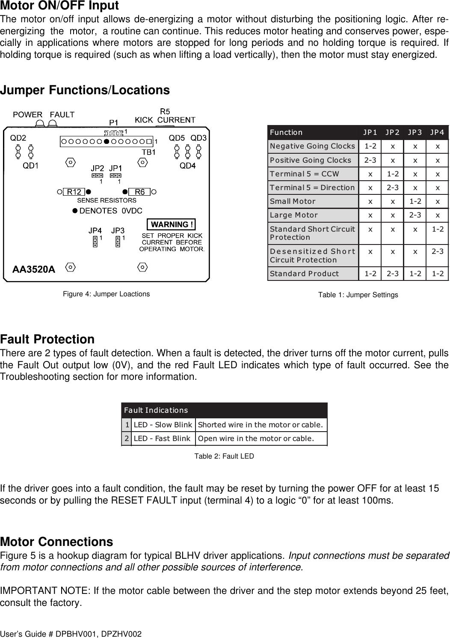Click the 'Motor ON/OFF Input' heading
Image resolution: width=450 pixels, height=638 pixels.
coord(59,6)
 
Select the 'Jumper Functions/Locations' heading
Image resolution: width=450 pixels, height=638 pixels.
coord(85,90)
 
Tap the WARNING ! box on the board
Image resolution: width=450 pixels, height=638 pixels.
coord(171,224)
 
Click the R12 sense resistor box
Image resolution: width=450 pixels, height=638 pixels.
coord(74,192)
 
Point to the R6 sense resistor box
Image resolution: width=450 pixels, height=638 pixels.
coord(139,192)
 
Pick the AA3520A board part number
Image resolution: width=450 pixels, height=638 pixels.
coord(34,269)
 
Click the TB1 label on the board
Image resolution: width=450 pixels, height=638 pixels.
coord(148,152)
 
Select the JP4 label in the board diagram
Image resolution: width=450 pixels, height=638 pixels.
coord(95,230)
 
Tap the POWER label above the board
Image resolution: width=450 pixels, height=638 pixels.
coord(28,114)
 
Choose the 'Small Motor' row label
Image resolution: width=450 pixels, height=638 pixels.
coord(293,201)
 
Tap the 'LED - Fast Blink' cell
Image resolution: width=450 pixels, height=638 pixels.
coord(162,438)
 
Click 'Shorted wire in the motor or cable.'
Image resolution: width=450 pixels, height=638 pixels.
coord(260,425)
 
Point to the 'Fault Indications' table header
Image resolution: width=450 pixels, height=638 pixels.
coord(156,410)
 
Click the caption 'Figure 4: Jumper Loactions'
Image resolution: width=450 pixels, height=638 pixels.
coord(107,294)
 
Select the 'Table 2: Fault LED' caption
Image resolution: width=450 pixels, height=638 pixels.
coord(224,456)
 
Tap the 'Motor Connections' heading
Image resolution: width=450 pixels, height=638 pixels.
coord(56,542)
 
